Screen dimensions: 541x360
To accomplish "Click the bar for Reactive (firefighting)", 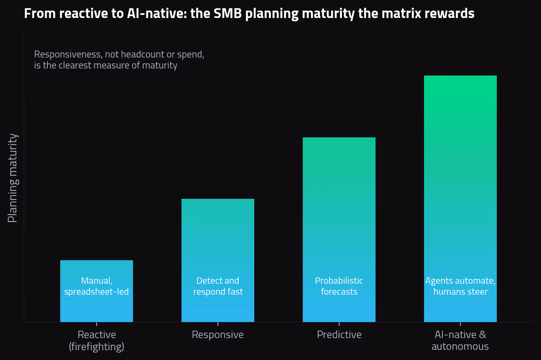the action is click(x=97, y=291).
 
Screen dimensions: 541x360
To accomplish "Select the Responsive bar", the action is click(x=218, y=260).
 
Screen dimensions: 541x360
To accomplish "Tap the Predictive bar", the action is click(x=339, y=230).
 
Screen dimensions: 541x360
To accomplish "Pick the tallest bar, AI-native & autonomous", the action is click(x=460, y=199).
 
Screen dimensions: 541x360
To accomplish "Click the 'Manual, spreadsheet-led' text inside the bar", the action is click(x=97, y=286).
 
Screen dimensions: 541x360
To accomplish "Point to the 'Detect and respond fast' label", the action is click(x=218, y=286).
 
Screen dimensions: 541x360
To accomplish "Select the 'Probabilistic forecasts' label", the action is click(x=339, y=286).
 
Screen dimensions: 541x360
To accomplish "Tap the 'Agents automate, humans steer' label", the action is click(x=460, y=286).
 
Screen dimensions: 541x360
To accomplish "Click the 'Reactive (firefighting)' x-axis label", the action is click(x=97, y=340).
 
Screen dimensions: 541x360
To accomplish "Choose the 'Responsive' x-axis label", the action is click(x=218, y=335).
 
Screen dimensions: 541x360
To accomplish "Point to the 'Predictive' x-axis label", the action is click(x=339, y=335).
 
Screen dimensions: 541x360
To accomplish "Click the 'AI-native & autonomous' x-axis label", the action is click(x=460, y=340).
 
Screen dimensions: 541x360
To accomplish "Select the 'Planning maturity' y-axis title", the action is click(x=13, y=178).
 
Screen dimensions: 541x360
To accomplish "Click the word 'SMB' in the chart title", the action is click(x=228, y=13).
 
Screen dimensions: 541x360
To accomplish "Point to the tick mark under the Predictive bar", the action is click(x=339, y=324).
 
